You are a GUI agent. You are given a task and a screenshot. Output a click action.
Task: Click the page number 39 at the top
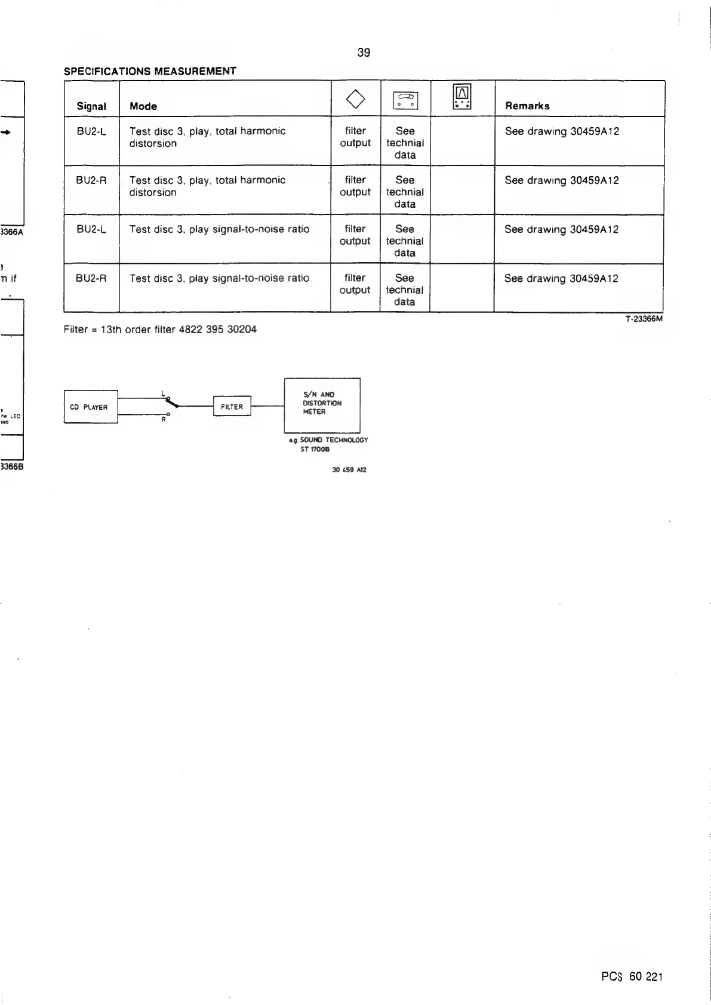tap(364, 53)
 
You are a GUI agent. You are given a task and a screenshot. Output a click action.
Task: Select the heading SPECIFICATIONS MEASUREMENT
tap(150, 71)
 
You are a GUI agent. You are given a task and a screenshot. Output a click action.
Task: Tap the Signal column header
tap(91, 106)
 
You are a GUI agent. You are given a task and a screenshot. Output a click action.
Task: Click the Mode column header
tap(143, 106)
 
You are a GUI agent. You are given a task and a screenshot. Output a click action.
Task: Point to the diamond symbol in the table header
tap(355, 99)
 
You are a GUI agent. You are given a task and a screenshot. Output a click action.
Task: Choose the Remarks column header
tap(527, 106)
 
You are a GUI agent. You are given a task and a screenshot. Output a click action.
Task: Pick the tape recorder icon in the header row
tap(405, 100)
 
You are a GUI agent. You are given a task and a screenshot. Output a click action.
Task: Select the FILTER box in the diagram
tap(232, 407)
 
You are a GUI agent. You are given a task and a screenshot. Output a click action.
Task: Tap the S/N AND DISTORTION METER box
tap(322, 404)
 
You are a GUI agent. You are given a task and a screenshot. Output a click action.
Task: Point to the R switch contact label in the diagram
tap(163, 419)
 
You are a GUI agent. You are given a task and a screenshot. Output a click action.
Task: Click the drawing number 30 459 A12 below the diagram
tap(349, 470)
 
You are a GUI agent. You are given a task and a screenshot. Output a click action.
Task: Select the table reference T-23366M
tap(644, 319)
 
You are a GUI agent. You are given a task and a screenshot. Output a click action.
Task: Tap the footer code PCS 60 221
tap(632, 977)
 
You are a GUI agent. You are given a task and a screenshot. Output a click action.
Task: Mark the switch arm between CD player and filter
tap(174, 402)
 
